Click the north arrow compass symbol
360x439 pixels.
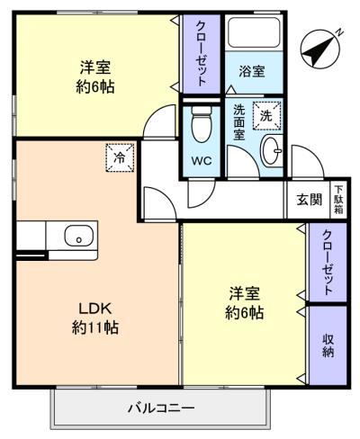point(321,48)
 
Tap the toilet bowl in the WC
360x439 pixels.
point(202,123)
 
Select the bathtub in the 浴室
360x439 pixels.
point(254,32)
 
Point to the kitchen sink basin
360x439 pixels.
point(78,235)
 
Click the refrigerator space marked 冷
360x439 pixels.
point(120,157)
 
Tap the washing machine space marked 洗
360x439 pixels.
point(266,116)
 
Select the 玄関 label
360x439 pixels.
point(310,199)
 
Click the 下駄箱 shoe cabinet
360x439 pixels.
point(338,200)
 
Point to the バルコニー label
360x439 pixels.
point(161,408)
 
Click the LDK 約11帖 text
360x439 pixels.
point(95,318)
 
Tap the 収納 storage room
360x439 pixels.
point(328,345)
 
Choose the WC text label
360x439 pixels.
point(202,161)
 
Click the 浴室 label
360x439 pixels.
point(252,72)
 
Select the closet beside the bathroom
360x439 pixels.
point(202,54)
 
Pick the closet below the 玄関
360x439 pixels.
point(328,262)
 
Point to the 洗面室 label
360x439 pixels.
point(239,122)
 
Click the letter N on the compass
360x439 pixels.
point(339,31)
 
